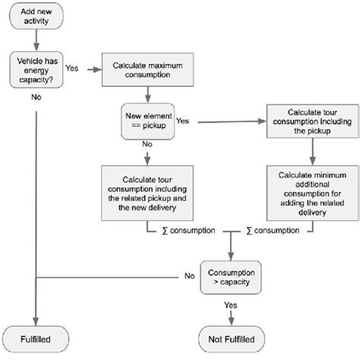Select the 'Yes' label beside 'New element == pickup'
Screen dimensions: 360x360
tap(183, 119)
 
